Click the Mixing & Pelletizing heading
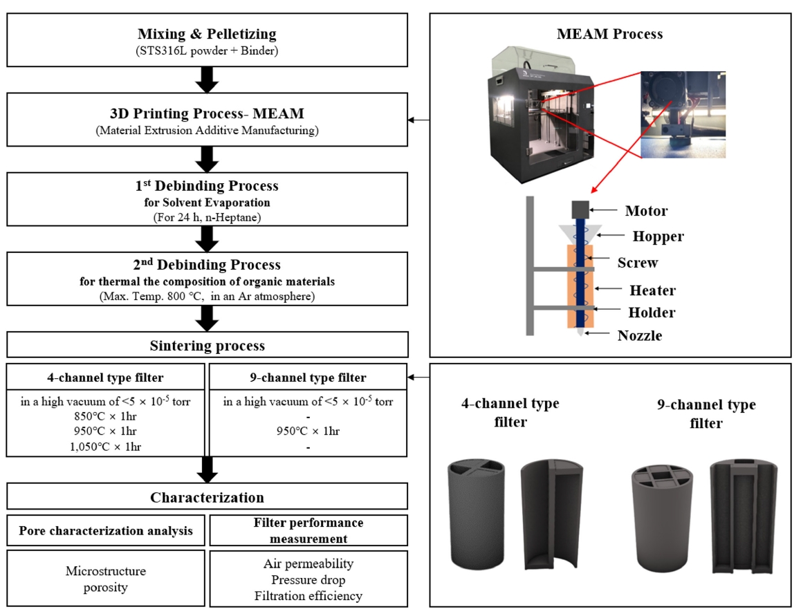[x=207, y=34]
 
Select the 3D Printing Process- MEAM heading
[x=207, y=113]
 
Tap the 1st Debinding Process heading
[x=207, y=186]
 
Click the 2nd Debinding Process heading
[x=207, y=265]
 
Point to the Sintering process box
[x=207, y=344]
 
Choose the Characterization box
[x=207, y=497]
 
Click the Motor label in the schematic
[x=647, y=211]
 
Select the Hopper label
[x=658, y=236]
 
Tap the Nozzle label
[x=640, y=336]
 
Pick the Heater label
[x=652, y=290]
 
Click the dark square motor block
[x=579, y=209]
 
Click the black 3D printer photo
[x=539, y=114]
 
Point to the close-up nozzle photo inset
[x=683, y=114]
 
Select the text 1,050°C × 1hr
[x=106, y=447]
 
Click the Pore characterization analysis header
[x=106, y=531]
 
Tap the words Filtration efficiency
[x=309, y=595]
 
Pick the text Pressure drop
[x=309, y=580]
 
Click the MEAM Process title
[x=609, y=34]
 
